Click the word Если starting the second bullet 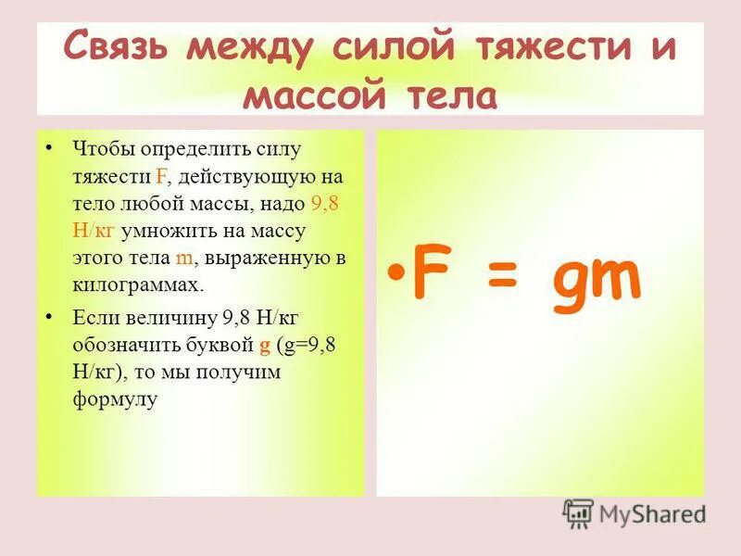[93, 318]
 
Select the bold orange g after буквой [264, 345]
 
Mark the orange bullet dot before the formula [396, 275]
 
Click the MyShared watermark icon [578, 513]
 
